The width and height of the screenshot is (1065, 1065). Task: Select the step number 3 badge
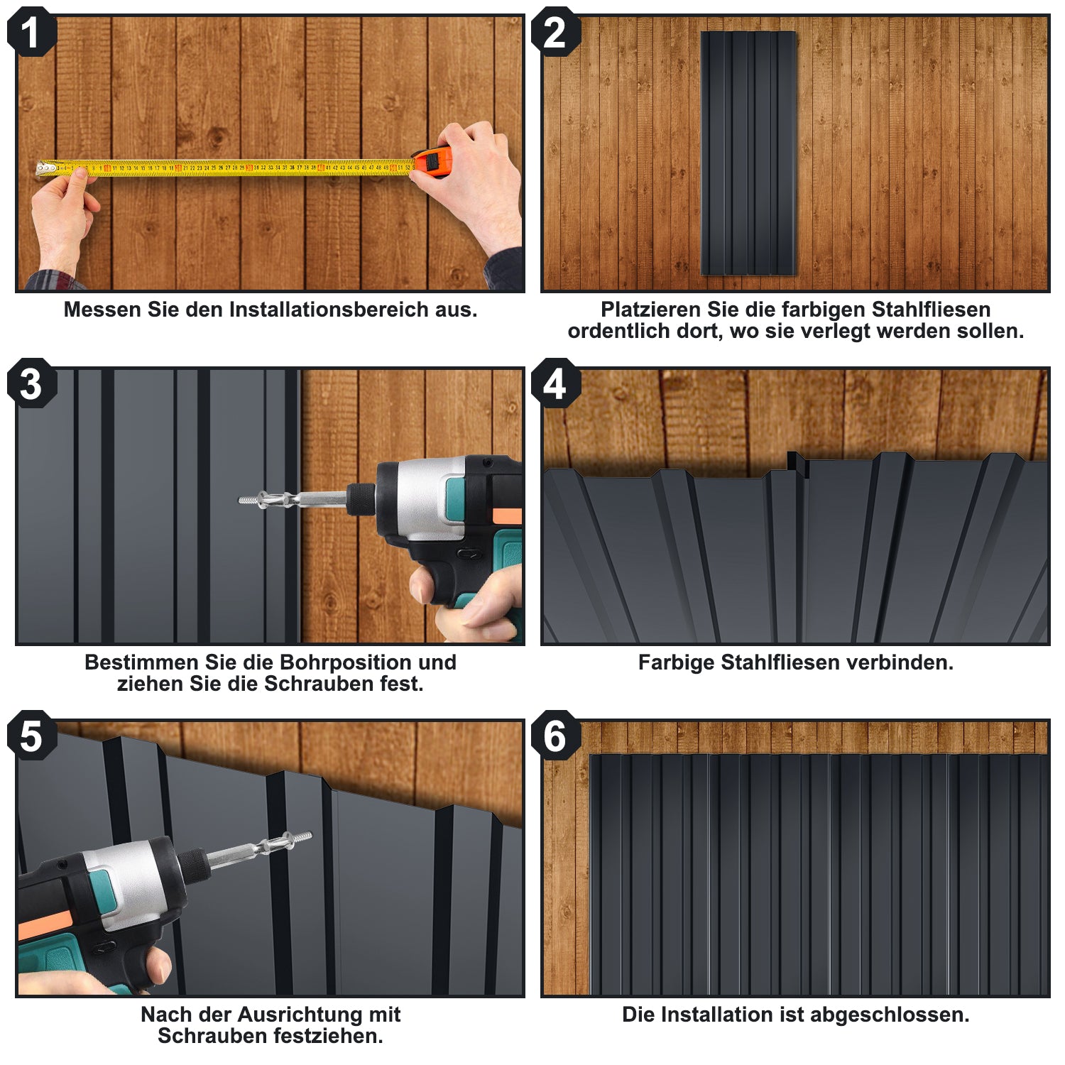(x=31, y=383)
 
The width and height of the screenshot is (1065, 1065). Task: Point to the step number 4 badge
(x=555, y=383)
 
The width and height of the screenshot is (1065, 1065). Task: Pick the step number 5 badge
(x=31, y=736)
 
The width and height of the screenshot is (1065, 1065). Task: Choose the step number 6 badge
(x=555, y=736)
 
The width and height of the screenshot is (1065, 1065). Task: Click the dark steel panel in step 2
(x=748, y=153)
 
